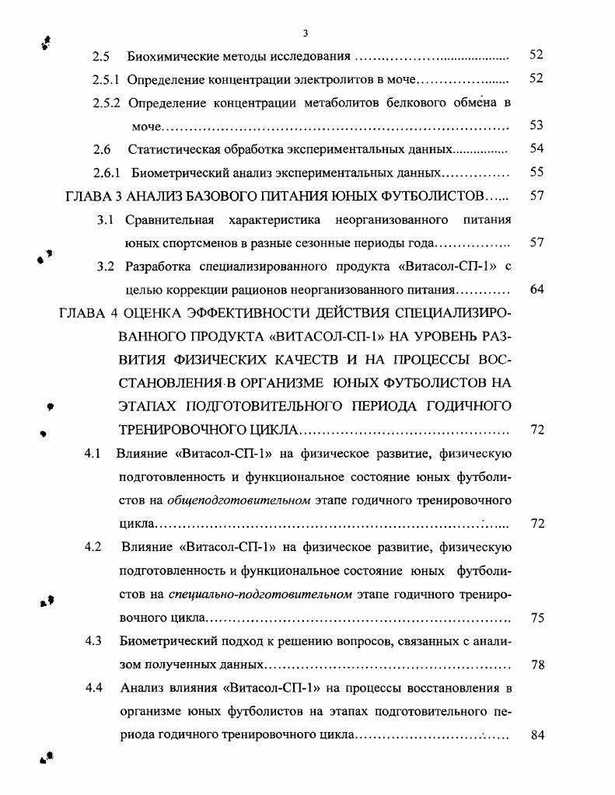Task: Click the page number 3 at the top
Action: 306,33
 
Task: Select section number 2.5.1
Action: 106,79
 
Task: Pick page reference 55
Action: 536,173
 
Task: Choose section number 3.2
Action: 107,267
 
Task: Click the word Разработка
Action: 161,267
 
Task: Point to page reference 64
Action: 536,291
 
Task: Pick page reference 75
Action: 536,619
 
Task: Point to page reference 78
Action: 536,665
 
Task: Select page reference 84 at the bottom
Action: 536,735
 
